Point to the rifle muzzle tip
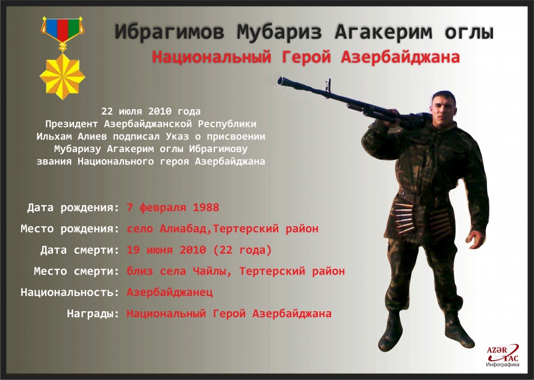(x=281, y=80)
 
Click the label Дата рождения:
(x=73, y=208)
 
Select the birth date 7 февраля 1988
(x=173, y=208)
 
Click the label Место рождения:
(x=70, y=229)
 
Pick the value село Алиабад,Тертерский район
(x=222, y=229)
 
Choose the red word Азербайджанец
(x=170, y=293)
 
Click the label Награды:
(x=93, y=314)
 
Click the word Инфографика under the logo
(x=502, y=366)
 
